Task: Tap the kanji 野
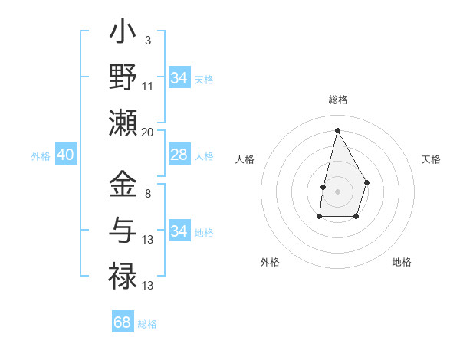coord(123,79)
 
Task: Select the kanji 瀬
coord(123,122)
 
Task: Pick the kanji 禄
coord(123,273)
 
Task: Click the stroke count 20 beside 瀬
coord(148,133)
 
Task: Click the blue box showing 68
coord(123,322)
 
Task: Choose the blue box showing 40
coord(65,155)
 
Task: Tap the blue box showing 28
coord(179,155)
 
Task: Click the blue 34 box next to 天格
coord(179,78)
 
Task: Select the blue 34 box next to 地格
coord(179,231)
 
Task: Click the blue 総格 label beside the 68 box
coord(147,324)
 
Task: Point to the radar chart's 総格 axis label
coord(337,100)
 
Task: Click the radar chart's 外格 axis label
coord(270,262)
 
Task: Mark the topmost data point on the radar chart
coord(337,129)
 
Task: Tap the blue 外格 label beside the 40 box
coord(41,156)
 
